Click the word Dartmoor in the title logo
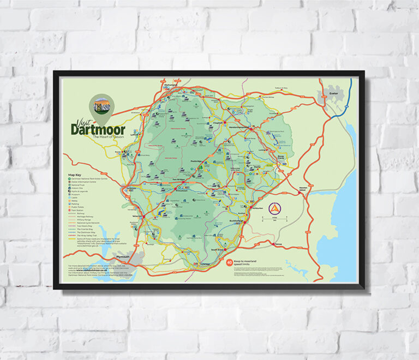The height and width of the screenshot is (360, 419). tap(98, 129)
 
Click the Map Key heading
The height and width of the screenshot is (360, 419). tap(75, 175)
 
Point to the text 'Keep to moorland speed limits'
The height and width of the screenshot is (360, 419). tap(250, 263)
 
